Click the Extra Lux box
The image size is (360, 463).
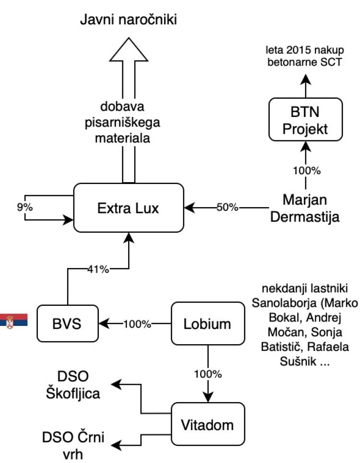[x=128, y=208]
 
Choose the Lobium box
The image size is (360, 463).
[x=207, y=324]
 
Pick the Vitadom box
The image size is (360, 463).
[x=207, y=425]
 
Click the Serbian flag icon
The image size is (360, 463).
[x=14, y=320]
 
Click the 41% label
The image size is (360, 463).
[x=99, y=269]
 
